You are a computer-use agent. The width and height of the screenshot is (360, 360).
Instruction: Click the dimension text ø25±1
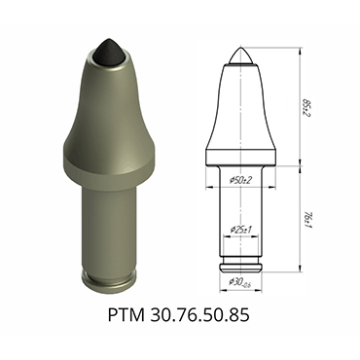239,230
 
